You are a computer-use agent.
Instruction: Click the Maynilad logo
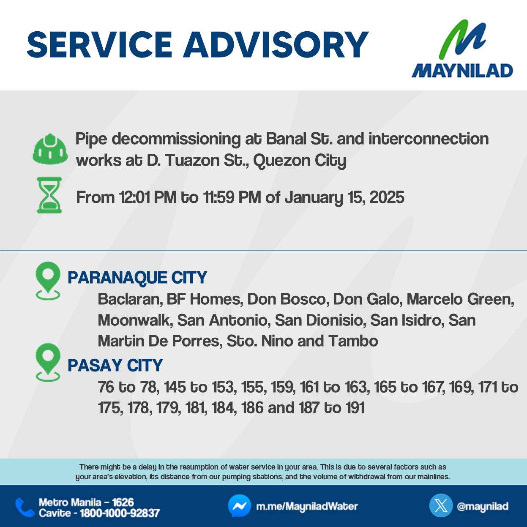coord(462,48)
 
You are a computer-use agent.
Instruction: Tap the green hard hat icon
coord(50,149)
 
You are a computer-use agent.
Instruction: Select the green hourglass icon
coord(49,195)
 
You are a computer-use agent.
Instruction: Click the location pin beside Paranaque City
coord(48,281)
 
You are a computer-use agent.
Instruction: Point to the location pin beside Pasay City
coord(48,362)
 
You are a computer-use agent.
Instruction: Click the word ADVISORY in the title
coord(276,44)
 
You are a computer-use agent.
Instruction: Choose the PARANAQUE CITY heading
coord(137,278)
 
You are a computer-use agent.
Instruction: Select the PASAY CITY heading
coord(115,365)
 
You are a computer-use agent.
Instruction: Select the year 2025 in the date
coord(387,197)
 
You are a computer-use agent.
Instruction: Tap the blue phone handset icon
coord(25,508)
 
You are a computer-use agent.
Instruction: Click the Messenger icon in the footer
coord(239,506)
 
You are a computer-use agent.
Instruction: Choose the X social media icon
coord(441,506)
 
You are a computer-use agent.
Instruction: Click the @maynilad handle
coord(483,506)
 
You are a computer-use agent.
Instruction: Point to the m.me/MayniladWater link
coord(307,506)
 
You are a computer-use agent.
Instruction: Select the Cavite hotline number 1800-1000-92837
coord(120,513)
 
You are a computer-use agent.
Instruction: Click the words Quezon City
coord(300,161)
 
